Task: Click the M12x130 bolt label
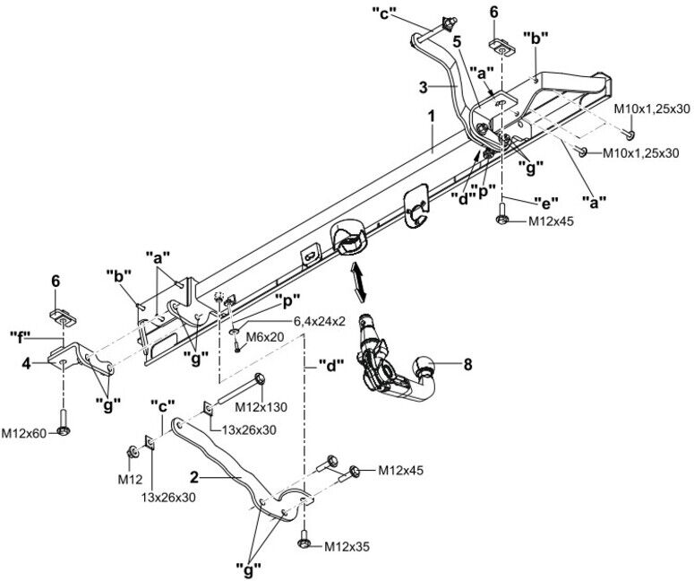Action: tap(261, 406)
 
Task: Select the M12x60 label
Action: tap(24, 433)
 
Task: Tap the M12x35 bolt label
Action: tap(347, 547)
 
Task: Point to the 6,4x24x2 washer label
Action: tap(319, 322)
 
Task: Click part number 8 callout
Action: tap(467, 365)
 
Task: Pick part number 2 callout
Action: tap(194, 477)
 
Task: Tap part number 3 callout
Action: tap(424, 87)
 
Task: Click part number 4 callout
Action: tap(27, 364)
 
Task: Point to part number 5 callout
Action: tap(457, 41)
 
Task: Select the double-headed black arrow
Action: tap(357, 282)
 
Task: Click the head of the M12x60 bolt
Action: tap(64, 430)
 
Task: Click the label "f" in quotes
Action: tap(21, 338)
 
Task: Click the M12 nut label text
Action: tap(130, 480)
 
